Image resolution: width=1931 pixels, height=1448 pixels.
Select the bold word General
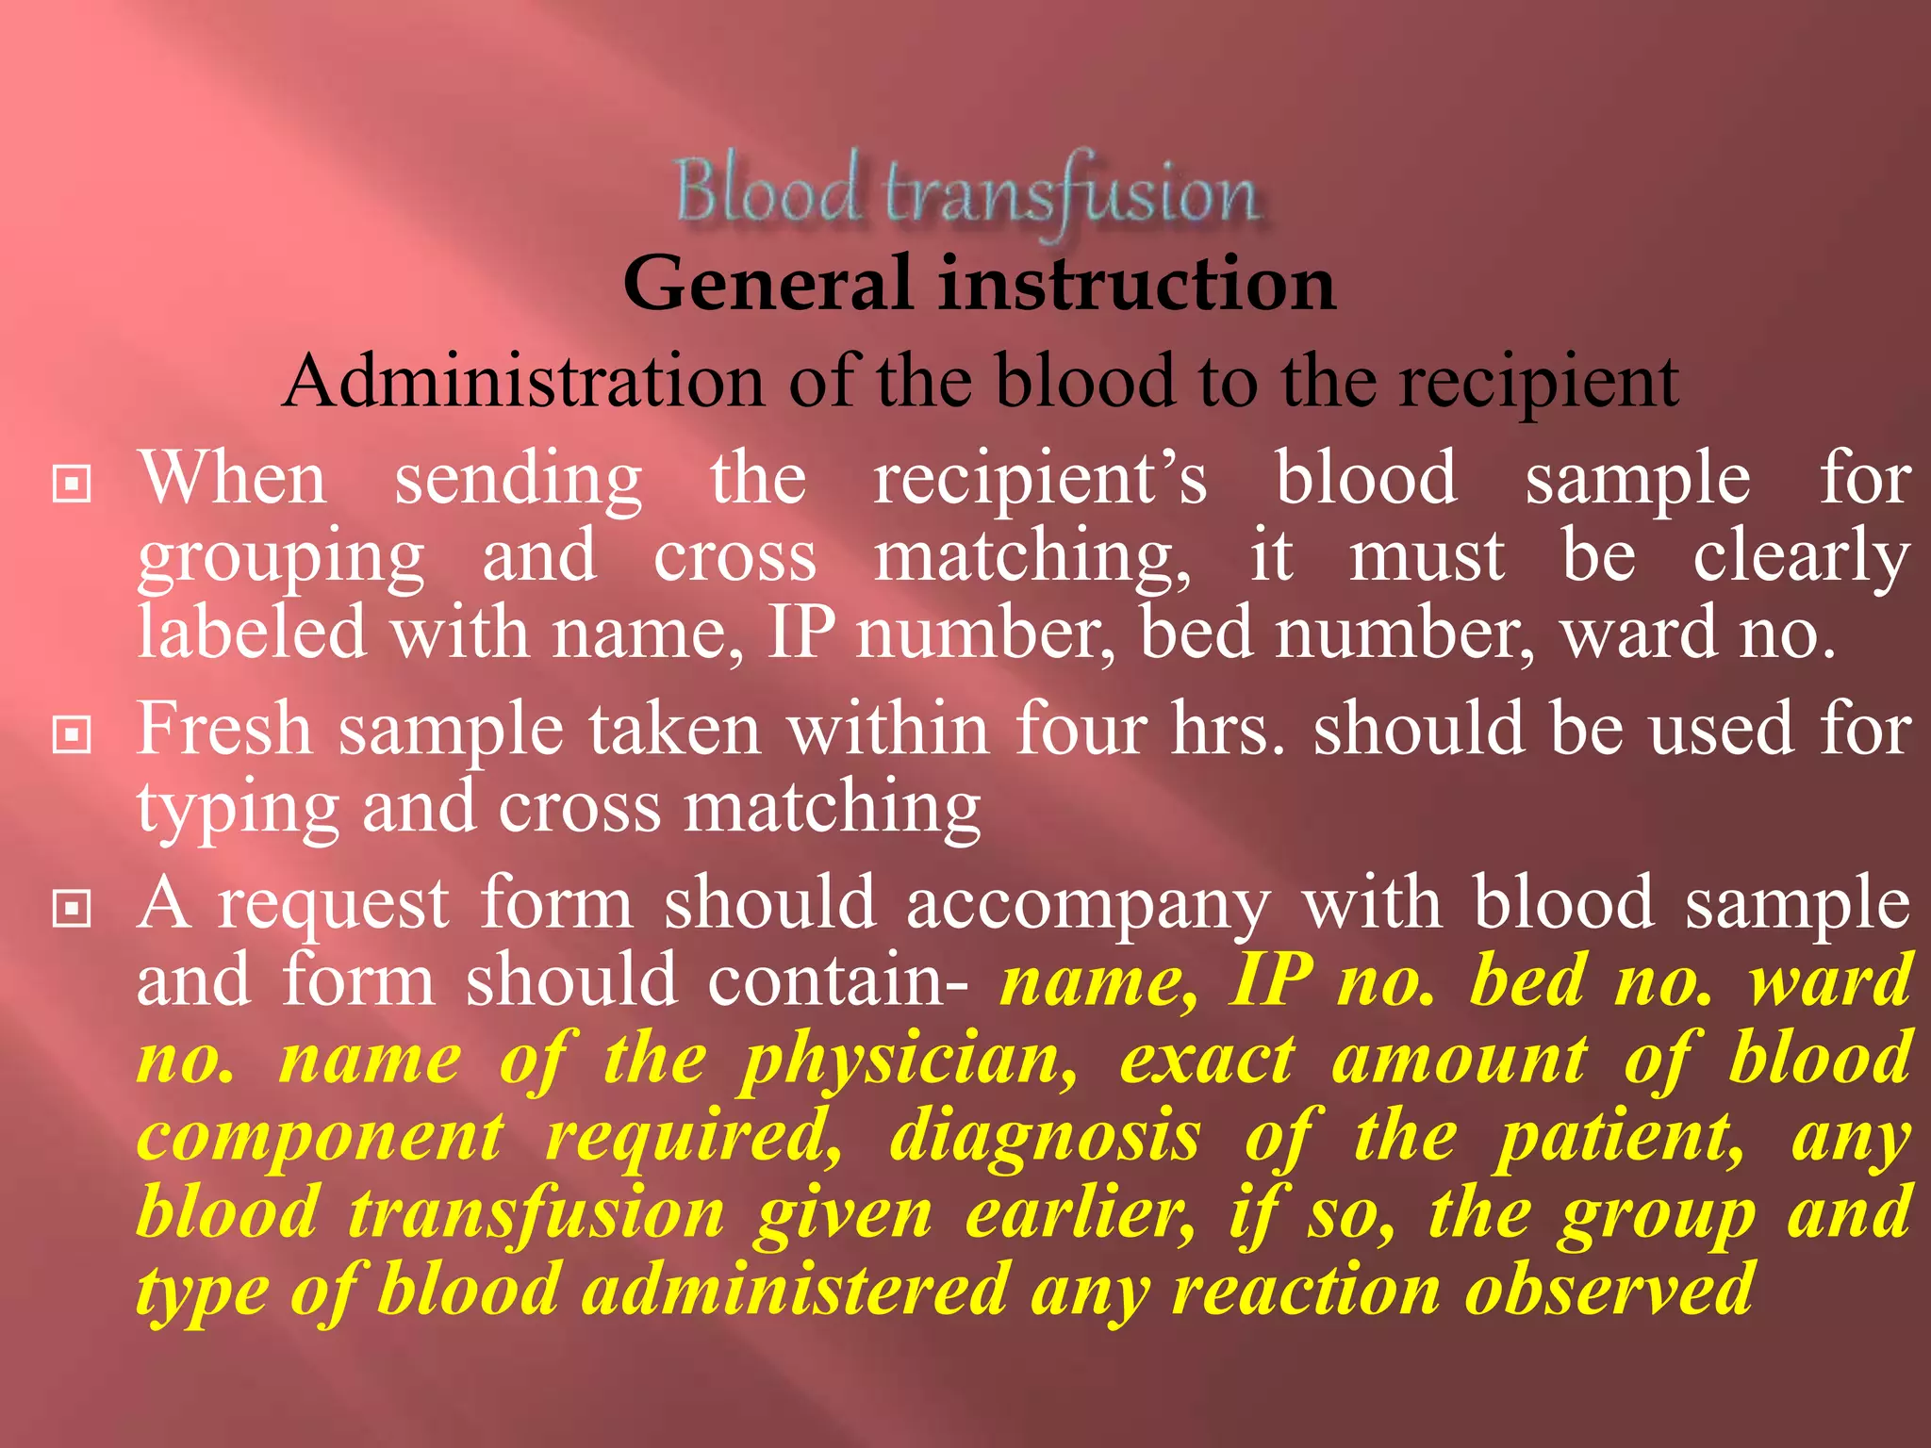pos(767,284)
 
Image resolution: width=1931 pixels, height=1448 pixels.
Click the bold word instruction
pos(1137,284)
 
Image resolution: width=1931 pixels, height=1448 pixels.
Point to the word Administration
pos(524,382)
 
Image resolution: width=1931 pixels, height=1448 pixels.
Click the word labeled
pos(252,633)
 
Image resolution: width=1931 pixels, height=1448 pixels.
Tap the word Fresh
pos(224,730)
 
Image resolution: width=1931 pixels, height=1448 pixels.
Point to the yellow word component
pos(321,1139)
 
